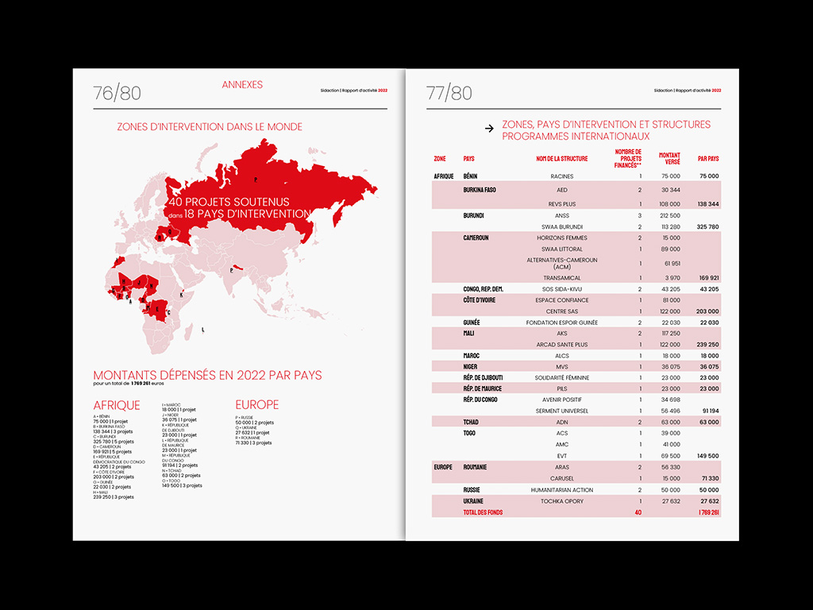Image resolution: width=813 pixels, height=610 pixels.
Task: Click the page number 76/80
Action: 117,94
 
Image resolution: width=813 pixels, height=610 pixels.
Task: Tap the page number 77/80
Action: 449,94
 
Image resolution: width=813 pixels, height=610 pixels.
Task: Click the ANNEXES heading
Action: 242,85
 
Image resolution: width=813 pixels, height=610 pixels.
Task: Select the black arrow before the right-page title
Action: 488,127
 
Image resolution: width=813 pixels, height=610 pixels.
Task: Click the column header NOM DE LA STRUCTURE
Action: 561,159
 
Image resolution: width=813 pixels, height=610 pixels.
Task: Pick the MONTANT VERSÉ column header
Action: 669,158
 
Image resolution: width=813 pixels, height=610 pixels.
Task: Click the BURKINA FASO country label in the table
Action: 480,190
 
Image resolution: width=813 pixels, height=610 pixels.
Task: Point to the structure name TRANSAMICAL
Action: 561,277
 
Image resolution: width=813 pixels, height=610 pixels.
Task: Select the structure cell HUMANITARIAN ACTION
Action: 561,490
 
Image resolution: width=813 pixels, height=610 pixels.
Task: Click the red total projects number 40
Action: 638,512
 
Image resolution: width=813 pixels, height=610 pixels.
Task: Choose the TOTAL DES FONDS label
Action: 483,512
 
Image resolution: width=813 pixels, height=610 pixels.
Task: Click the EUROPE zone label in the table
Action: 443,468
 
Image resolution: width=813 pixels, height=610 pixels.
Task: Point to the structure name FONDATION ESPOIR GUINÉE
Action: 561,322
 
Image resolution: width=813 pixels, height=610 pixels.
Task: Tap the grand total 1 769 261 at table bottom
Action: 708,512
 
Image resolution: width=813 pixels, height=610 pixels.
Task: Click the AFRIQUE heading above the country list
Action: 117,405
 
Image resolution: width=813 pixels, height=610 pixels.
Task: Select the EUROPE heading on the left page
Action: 257,405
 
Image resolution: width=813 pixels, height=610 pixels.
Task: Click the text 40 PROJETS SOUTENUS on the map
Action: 229,202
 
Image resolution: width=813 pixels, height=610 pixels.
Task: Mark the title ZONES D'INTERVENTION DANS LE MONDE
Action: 210,126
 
